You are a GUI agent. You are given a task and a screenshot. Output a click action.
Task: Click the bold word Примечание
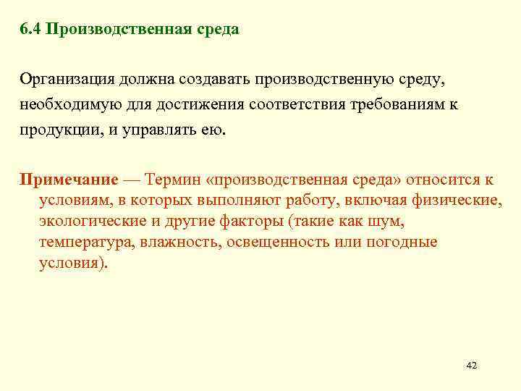[69, 179]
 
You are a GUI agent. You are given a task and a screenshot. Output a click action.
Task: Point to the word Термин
[173, 179]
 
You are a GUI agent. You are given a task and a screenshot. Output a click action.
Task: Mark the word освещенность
[278, 242]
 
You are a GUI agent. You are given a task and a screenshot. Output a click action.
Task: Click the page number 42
[470, 365]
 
